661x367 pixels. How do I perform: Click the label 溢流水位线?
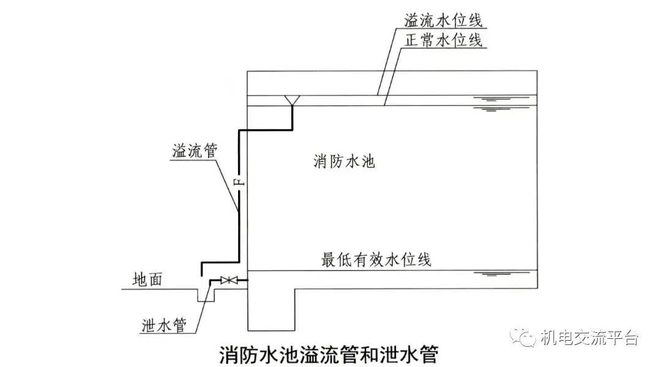click(x=443, y=20)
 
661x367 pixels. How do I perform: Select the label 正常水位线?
click(x=443, y=40)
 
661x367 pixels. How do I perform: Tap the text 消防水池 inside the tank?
click(x=344, y=161)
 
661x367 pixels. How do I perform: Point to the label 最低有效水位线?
click(x=376, y=259)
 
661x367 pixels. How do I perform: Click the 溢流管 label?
click(x=195, y=150)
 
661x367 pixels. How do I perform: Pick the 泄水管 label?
click(x=164, y=325)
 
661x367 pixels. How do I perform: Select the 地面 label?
click(x=147, y=280)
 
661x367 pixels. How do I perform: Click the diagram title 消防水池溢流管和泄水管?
click(x=329, y=354)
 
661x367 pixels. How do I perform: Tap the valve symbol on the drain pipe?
click(x=228, y=280)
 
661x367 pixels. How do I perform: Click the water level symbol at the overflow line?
click(x=490, y=99)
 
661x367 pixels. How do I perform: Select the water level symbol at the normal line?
click(x=490, y=109)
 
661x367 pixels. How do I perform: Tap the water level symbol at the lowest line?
click(x=490, y=274)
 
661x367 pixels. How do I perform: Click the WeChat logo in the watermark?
click(x=523, y=337)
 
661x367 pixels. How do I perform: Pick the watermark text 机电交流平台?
click(x=589, y=338)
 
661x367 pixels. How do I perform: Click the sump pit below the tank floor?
click(x=271, y=310)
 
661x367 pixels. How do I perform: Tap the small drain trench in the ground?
click(x=206, y=295)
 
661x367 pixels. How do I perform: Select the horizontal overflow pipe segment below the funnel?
click(x=265, y=130)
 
